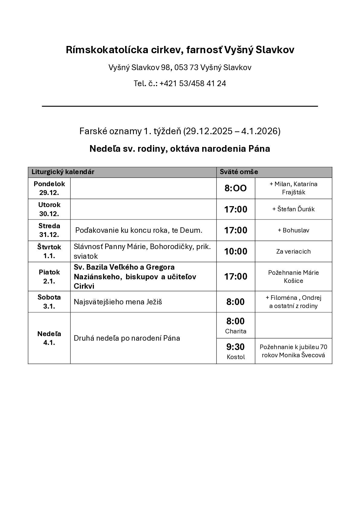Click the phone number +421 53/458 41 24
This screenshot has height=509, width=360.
tap(193, 83)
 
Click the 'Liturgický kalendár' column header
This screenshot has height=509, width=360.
tap(63, 172)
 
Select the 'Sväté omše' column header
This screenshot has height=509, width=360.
tap(239, 172)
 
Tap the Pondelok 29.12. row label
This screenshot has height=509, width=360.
tap(49, 188)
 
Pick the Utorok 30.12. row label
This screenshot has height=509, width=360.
tap(49, 209)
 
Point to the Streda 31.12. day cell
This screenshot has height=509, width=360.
tap(49, 230)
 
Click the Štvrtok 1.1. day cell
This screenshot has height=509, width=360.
tap(49, 251)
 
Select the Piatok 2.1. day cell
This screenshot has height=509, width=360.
tap(49, 277)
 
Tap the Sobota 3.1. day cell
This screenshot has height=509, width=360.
tap(49, 302)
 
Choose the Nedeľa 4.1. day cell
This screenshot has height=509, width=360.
tap(49, 338)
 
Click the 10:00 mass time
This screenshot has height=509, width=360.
tap(236, 251)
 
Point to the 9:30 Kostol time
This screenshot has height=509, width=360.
tap(236, 351)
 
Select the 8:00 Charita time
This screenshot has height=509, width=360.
tap(236, 325)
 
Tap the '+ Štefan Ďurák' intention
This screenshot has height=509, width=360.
tap(294, 209)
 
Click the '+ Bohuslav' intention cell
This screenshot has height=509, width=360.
tap(294, 230)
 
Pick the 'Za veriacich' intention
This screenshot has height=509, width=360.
tap(294, 251)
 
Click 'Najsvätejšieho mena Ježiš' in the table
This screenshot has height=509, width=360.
tap(118, 302)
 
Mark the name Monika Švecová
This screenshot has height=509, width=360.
tap(302, 355)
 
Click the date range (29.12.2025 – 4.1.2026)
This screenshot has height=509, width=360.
tap(232, 131)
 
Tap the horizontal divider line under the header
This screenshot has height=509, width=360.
tap(180, 106)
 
